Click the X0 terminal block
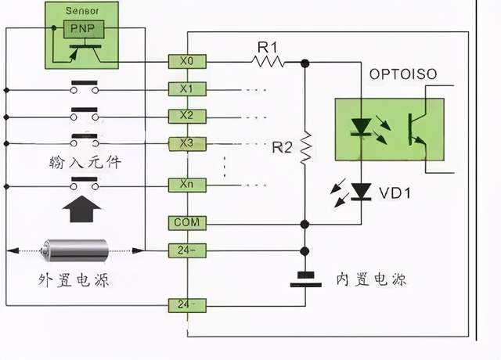[x=187, y=60]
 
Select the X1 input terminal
[x=187, y=88]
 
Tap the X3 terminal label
[x=187, y=143]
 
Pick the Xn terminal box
[x=187, y=186]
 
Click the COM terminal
[x=187, y=223]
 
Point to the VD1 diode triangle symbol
[x=362, y=190]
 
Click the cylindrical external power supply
[x=77, y=250]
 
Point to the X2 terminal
[x=187, y=116]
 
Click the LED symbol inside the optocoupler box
[x=362, y=128]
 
